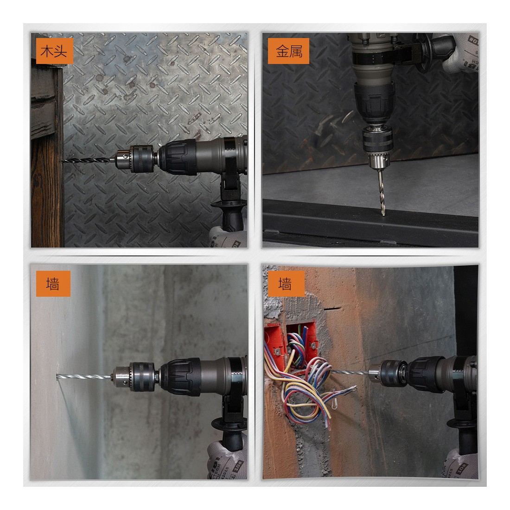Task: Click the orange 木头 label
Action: (54, 51)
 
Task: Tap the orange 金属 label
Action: (288, 51)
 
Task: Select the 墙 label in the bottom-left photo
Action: (53, 284)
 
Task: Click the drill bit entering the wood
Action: (89, 160)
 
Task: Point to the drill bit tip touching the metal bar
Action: (383, 214)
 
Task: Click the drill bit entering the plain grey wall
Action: (83, 376)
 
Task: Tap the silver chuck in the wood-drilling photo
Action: (123, 159)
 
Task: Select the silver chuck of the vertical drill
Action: (379, 161)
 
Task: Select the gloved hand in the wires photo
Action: (460, 464)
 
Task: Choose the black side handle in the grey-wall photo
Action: (231, 433)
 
